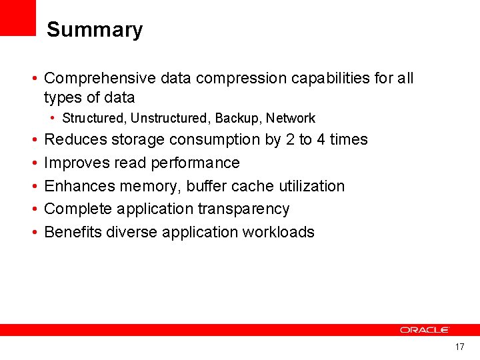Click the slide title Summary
[x=95, y=30]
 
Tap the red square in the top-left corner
[x=17, y=17]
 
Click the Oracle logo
[x=425, y=330]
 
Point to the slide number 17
[x=459, y=347]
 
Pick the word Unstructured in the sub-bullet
[x=169, y=119]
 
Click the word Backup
[x=237, y=119]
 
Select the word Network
[x=290, y=119]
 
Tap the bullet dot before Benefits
[x=33, y=233]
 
